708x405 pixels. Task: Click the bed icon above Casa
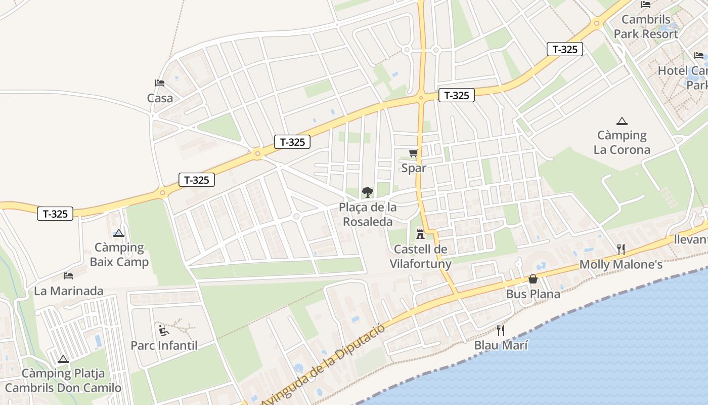(x=160, y=83)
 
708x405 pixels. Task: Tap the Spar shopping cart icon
(x=414, y=153)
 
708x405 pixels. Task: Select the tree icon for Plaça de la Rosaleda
(x=368, y=192)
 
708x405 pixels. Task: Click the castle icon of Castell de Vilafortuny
(x=420, y=234)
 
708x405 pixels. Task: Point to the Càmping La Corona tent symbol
(x=622, y=121)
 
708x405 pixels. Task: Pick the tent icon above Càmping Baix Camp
(x=119, y=233)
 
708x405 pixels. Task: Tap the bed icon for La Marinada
(x=68, y=276)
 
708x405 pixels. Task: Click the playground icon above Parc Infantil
(x=164, y=331)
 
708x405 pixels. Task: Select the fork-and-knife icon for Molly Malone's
(x=621, y=249)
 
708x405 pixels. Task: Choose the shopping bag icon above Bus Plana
(x=533, y=279)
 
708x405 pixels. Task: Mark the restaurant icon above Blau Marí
(x=501, y=331)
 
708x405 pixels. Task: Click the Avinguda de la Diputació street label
(x=323, y=364)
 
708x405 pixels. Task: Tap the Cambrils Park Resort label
(x=646, y=27)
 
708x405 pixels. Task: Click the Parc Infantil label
(x=164, y=346)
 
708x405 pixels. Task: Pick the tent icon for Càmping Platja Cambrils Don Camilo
(x=63, y=359)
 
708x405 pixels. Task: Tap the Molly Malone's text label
(x=621, y=264)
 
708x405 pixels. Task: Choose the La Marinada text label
(x=68, y=291)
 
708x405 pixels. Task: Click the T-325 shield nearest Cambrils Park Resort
(x=565, y=49)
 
